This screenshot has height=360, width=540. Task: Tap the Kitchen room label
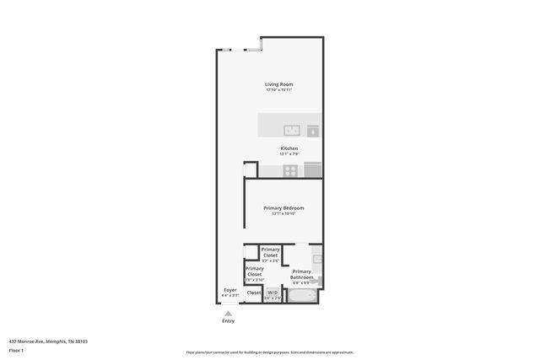[289, 148]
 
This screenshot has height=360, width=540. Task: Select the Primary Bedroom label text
[283, 207]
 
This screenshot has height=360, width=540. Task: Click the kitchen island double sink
[291, 130]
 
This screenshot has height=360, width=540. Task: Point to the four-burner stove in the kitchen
[290, 170]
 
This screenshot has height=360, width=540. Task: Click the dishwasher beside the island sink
[313, 131]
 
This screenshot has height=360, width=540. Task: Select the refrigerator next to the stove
[313, 170]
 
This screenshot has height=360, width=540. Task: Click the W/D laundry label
[272, 293]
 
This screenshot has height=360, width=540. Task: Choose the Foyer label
[229, 290]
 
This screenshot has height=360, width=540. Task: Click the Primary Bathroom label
[302, 274]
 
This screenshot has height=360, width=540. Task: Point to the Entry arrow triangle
[228, 313]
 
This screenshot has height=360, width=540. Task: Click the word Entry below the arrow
[228, 321]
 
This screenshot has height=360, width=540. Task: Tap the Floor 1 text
[17, 350]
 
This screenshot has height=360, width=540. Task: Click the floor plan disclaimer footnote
[269, 352]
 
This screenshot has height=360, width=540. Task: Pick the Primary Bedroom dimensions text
[283, 213]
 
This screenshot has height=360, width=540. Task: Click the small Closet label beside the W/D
[253, 293]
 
